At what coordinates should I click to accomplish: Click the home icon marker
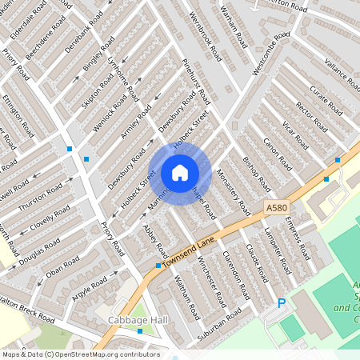coord(180,172)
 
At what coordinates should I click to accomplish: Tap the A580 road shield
coord(276,207)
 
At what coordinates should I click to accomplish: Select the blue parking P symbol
coord(281,303)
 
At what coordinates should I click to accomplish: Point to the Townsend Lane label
coord(190,250)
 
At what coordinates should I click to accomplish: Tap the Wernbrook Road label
coord(206,36)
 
